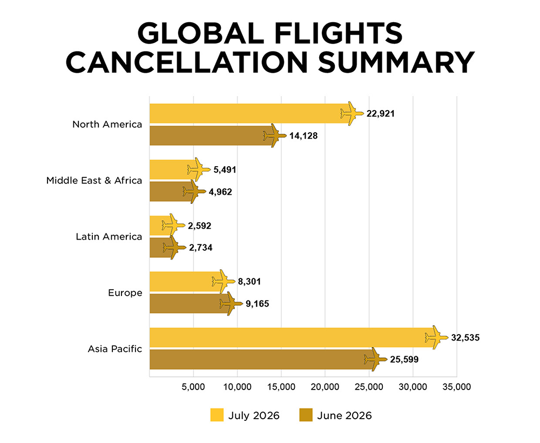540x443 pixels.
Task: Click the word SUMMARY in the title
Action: (396, 62)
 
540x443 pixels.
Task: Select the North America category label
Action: (107, 124)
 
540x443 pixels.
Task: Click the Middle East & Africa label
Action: (94, 180)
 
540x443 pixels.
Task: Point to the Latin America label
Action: (109, 236)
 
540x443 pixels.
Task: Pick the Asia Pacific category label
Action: (114, 349)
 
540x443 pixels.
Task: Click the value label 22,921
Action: (381, 114)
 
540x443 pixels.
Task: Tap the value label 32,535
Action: (465, 338)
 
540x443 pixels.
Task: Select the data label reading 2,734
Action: (201, 248)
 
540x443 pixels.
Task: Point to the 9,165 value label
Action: (257, 304)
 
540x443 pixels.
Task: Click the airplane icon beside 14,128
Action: (275, 135)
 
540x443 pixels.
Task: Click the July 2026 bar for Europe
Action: (186, 282)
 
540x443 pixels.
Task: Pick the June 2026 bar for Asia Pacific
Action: (262, 359)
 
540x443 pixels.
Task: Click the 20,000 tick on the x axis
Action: (325, 387)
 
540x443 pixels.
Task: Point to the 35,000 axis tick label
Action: (457, 387)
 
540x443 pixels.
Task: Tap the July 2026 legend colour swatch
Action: (217, 415)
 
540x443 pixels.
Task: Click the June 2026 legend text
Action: (345, 415)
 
